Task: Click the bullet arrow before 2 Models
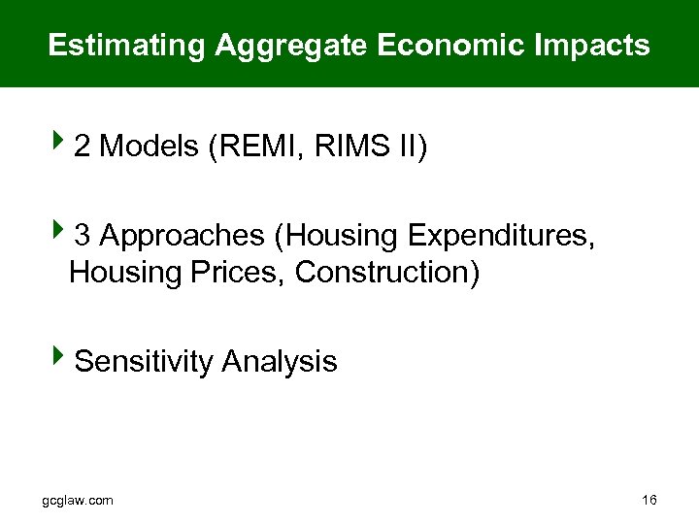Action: pyautogui.click(x=60, y=145)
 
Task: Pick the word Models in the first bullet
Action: pyautogui.click(x=150, y=147)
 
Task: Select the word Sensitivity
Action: pyautogui.click(x=144, y=362)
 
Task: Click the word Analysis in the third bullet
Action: pyautogui.click(x=280, y=362)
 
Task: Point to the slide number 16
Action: pyautogui.click(x=649, y=500)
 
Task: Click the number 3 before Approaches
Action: pyautogui.click(x=83, y=236)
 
